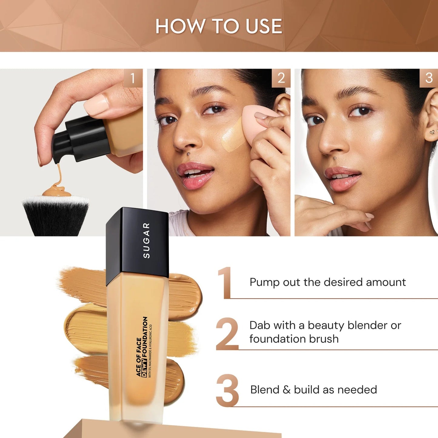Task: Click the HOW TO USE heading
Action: [219, 26]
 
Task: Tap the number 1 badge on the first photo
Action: [133, 78]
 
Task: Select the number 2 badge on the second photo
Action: [281, 78]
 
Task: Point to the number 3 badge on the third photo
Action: [429, 78]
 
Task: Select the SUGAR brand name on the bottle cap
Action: [146, 240]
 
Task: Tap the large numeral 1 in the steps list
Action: [225, 283]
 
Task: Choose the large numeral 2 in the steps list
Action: [227, 334]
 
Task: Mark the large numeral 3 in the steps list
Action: [227, 390]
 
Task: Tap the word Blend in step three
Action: [265, 390]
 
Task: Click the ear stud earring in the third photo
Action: [432, 132]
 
